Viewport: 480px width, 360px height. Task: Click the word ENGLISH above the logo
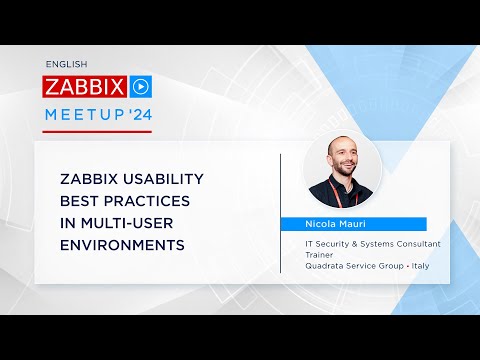coord(66,63)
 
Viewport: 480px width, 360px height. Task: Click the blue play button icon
coord(142,85)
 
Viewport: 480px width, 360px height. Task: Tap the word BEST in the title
coord(78,201)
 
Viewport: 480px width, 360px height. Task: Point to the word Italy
coord(414,265)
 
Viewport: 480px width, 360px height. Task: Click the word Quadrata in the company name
coord(326,265)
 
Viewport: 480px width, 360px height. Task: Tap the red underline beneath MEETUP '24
coord(98,131)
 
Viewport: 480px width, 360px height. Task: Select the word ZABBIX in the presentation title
coord(90,179)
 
